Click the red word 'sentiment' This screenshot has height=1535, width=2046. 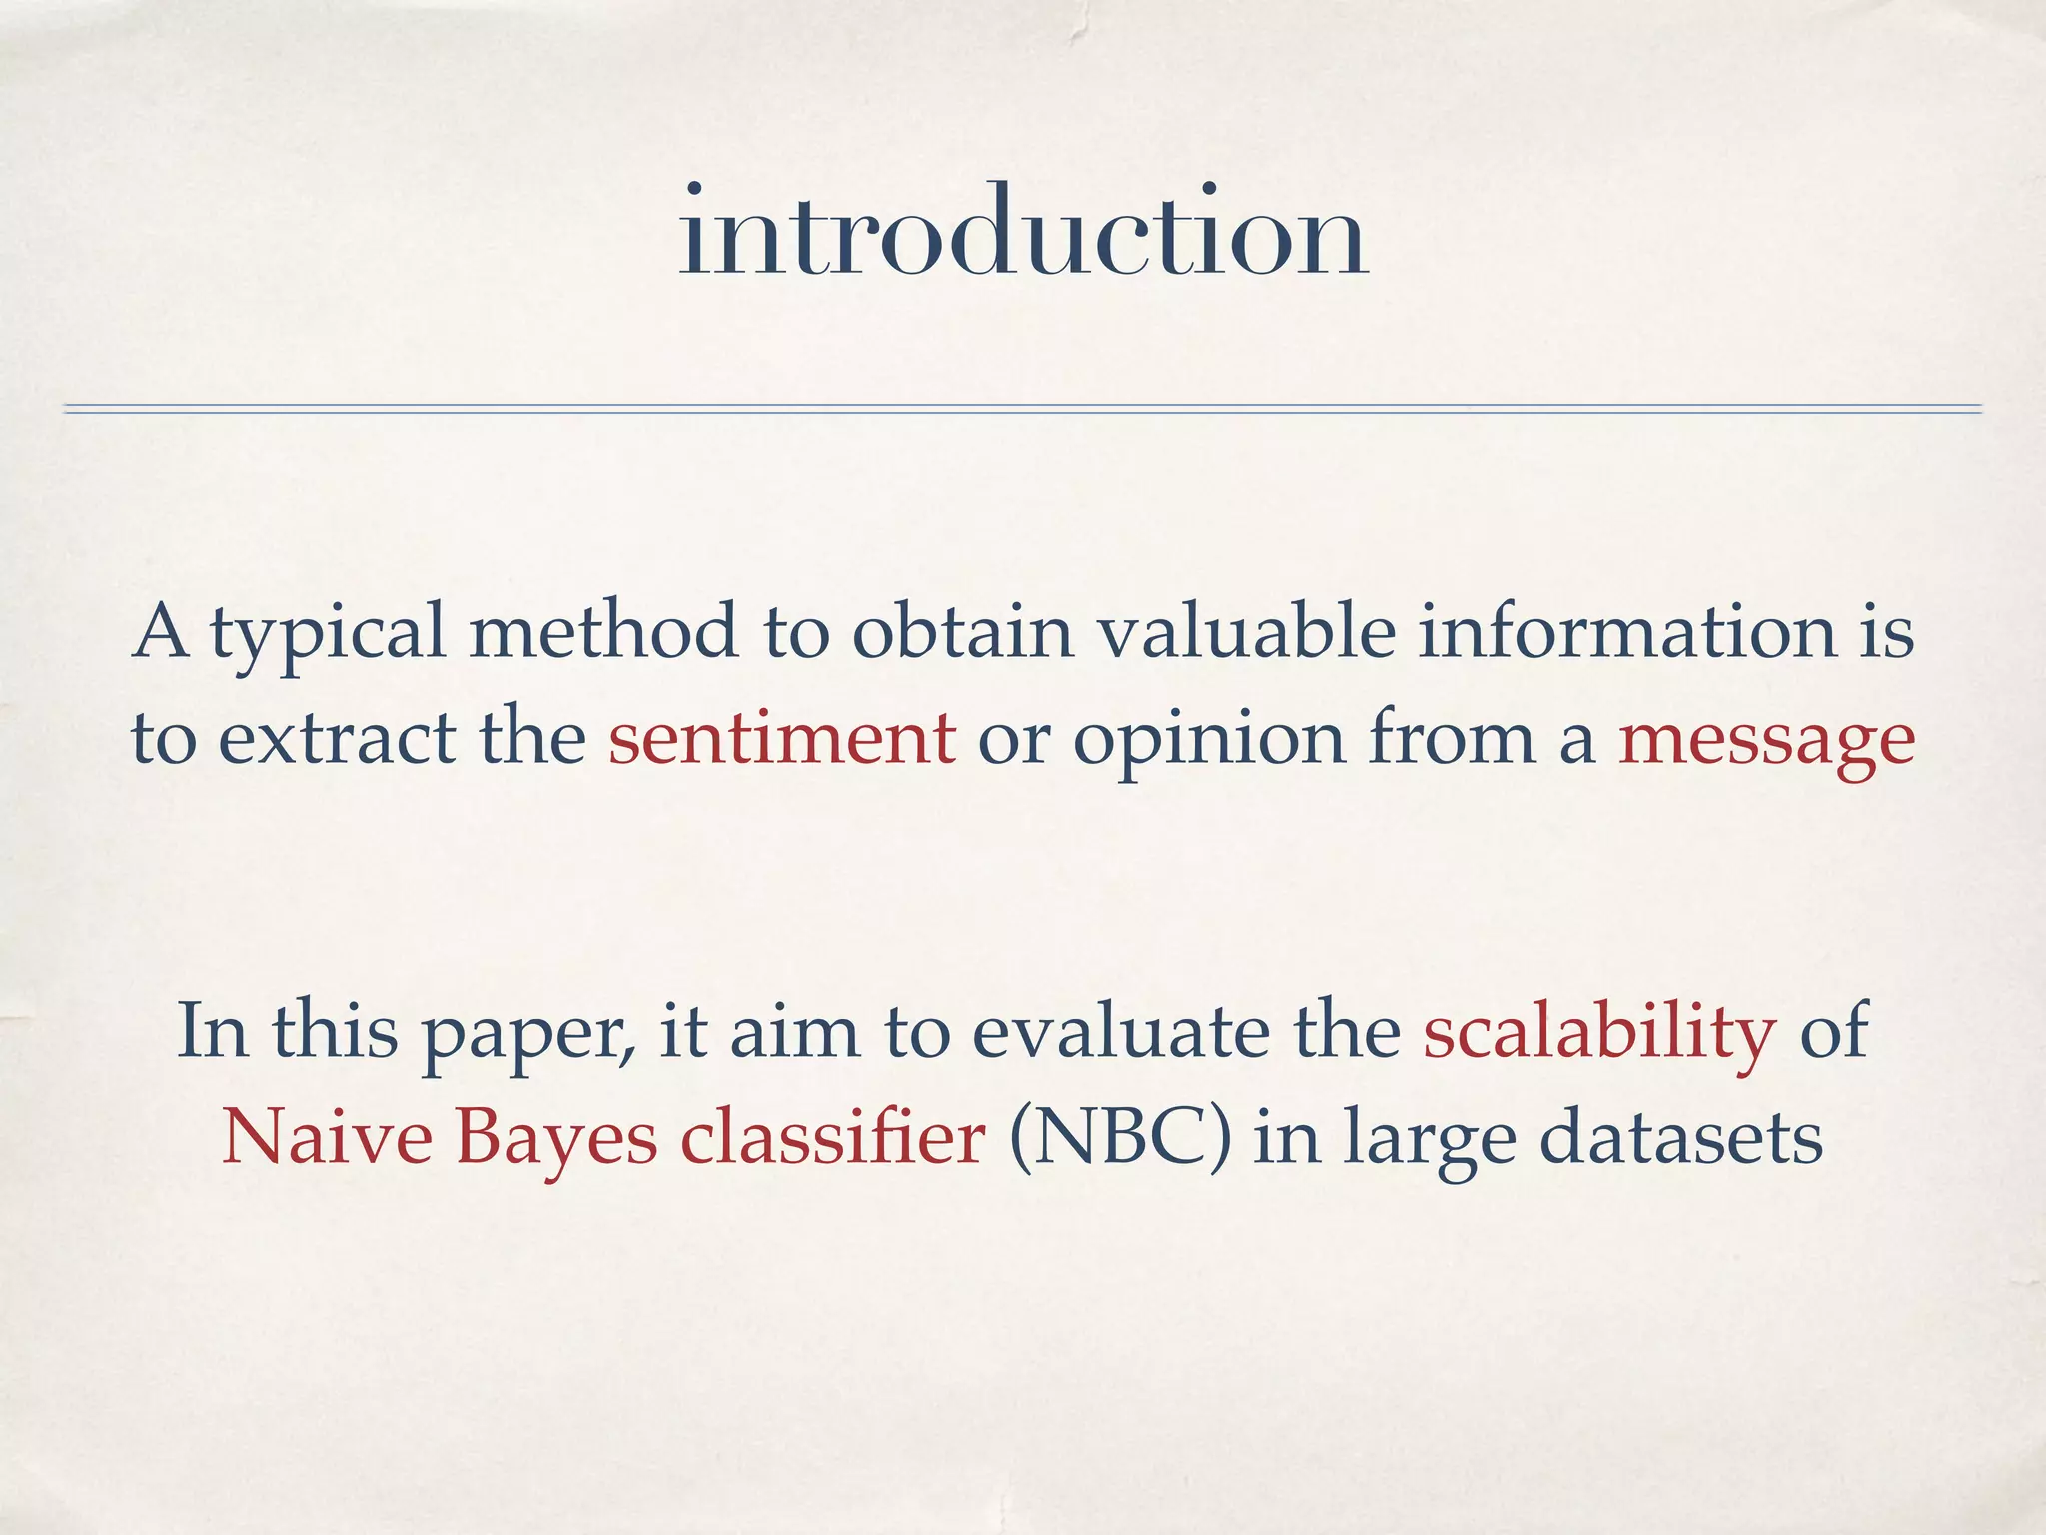(x=782, y=738)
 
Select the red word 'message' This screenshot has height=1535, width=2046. (x=1766, y=740)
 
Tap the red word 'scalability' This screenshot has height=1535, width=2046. (x=1599, y=1033)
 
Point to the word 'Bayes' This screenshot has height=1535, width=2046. (x=556, y=1139)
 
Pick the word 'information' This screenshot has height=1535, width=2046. (x=1626, y=632)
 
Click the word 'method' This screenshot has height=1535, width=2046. (x=603, y=632)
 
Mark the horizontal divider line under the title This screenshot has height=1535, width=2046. (x=1023, y=408)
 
